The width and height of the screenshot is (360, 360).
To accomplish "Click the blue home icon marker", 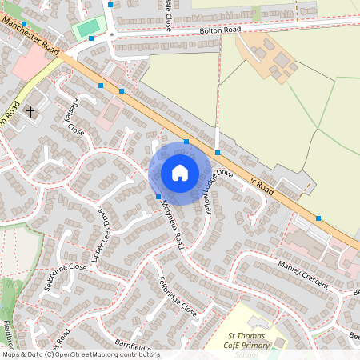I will (179, 173).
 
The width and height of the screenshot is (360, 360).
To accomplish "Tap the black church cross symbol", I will (30, 112).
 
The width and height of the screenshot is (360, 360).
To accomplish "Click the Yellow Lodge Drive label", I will (218, 192).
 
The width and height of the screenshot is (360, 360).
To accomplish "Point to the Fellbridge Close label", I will (177, 295).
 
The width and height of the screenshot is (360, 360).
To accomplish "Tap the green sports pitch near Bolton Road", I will (88, 27).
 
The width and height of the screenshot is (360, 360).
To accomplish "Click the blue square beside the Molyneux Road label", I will (158, 197).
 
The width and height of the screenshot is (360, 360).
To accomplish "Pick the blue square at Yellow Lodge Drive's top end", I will (218, 151).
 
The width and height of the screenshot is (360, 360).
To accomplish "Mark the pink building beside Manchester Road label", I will (27, 67).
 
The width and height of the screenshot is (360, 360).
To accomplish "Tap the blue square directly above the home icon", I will (186, 142).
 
